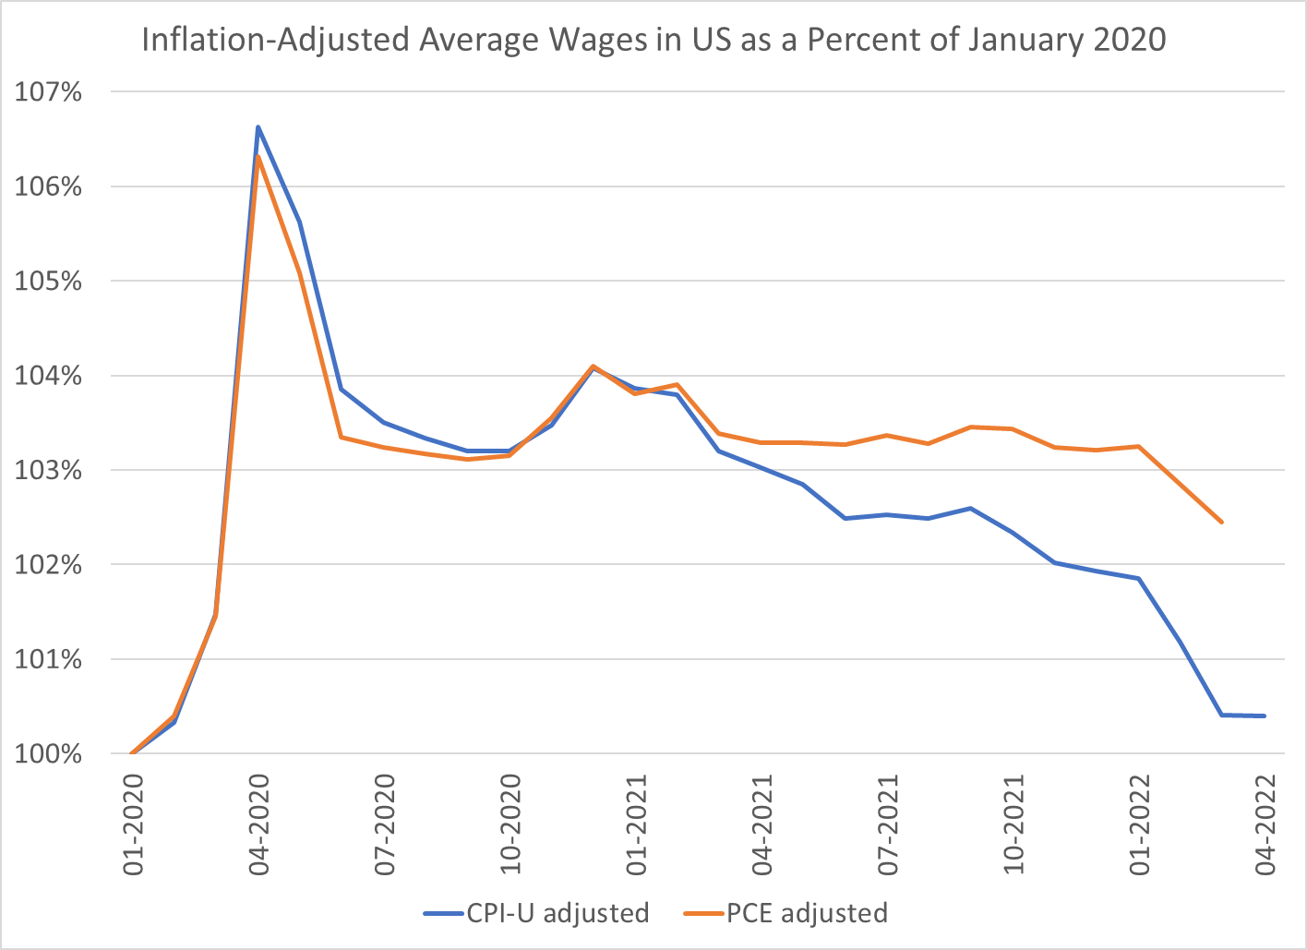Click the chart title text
coord(653,40)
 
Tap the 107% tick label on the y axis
coord(48,92)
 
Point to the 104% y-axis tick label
coord(48,377)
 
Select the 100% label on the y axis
coord(48,754)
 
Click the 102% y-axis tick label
coord(48,565)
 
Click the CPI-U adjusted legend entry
coord(537,913)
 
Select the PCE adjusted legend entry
coord(786,913)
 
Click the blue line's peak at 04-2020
coord(258,126)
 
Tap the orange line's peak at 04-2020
coord(258,157)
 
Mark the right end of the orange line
coord(1222,523)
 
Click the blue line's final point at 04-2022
coord(1264,716)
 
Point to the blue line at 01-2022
coord(1139,579)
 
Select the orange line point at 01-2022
coord(1139,447)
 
